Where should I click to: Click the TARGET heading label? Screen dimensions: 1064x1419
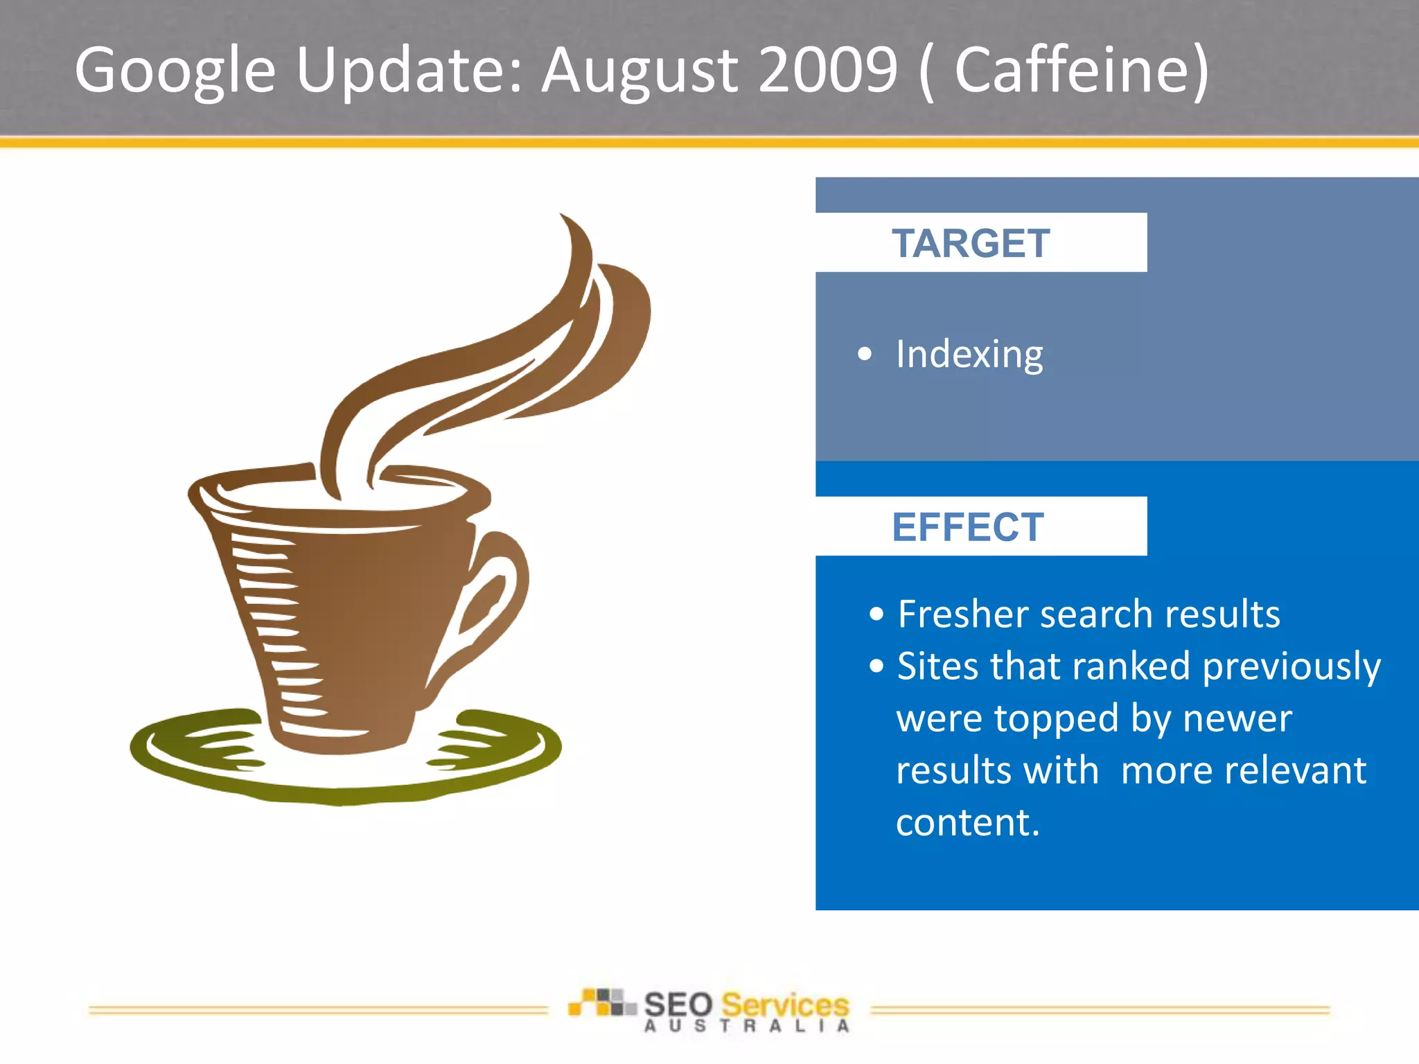[970, 244]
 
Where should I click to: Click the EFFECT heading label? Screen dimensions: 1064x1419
[967, 527]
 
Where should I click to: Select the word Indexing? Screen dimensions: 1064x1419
[969, 355]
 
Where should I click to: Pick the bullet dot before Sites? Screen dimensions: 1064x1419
[876, 666]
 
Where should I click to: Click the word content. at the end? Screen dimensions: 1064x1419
[967, 822]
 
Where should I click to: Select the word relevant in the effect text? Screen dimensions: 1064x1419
[1243, 770]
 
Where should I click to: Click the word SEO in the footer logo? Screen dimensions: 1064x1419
[678, 1005]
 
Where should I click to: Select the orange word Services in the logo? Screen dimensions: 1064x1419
[784, 1005]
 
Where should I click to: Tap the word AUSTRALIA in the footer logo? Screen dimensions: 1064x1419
[746, 1027]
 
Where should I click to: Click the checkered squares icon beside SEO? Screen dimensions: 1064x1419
[601, 1002]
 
